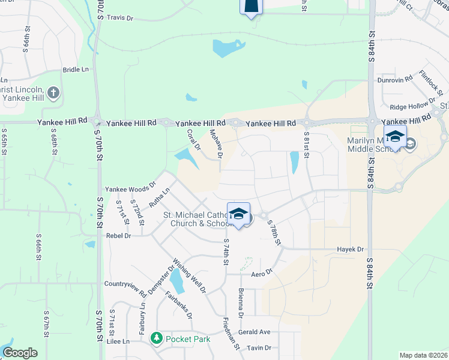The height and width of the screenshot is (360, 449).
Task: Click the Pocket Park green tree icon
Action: [x=157, y=339]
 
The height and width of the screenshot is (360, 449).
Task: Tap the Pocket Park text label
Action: [x=189, y=339]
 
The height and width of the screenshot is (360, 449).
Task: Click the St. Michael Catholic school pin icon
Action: [x=238, y=214]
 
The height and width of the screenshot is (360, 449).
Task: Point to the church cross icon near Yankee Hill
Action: [x=53, y=92]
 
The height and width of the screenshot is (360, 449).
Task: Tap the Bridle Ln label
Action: [x=76, y=70]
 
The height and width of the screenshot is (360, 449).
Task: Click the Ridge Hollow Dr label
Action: [x=410, y=107]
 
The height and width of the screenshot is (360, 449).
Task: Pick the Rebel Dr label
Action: [x=118, y=236]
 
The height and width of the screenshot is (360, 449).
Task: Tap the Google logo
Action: [x=20, y=353]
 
